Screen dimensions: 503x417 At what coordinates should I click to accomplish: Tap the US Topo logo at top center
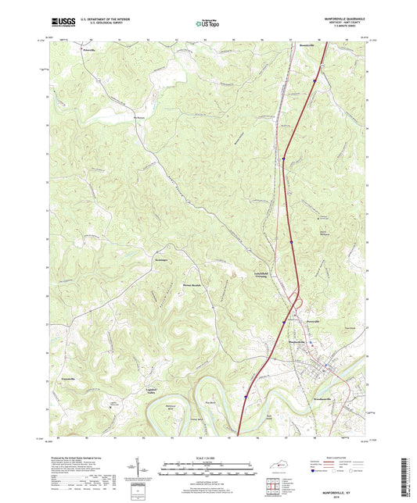[x=207, y=23]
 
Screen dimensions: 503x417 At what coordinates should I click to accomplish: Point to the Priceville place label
[x=90, y=48]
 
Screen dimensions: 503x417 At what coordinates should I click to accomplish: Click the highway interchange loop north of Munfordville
[x=295, y=297]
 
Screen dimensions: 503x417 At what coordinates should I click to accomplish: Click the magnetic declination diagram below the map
[x=143, y=471]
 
